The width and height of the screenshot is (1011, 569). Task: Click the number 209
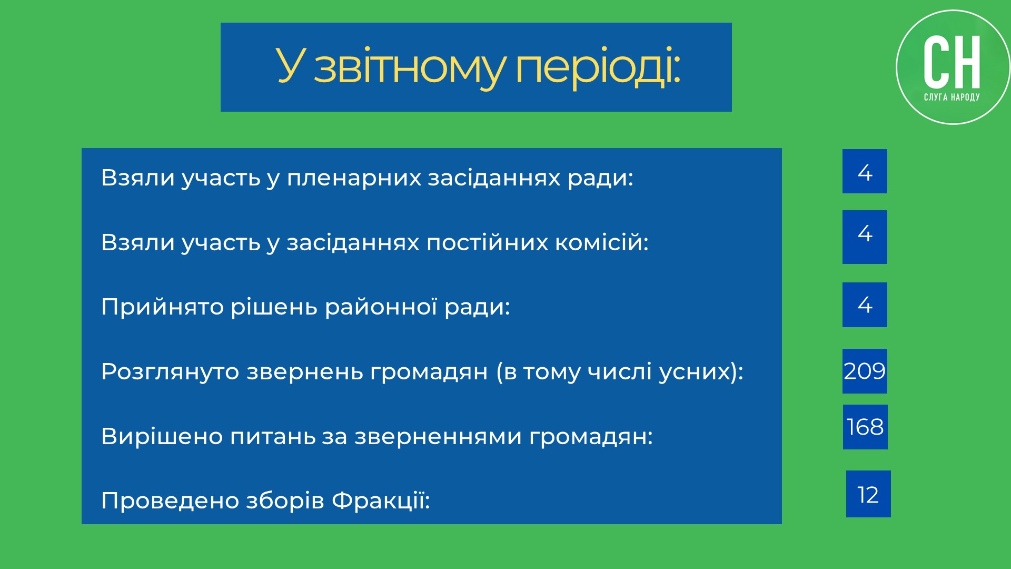[865, 371]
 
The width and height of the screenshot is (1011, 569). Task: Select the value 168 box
[865, 427]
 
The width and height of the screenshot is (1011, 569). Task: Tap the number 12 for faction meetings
[868, 495]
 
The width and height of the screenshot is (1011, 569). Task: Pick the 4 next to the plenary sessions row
[865, 172]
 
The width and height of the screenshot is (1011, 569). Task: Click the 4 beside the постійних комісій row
[865, 233]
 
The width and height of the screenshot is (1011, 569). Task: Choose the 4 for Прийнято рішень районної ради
[865, 305]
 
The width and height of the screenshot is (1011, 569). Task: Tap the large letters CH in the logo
[952, 62]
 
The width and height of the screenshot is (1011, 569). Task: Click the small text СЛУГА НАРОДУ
[952, 97]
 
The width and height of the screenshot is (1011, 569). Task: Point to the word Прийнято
[163, 307]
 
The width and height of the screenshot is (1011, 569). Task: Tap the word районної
[381, 307]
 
